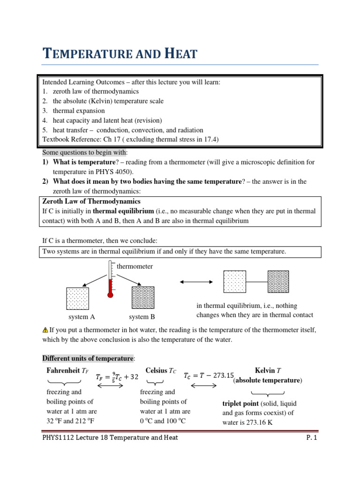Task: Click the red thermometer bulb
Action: coord(110,295)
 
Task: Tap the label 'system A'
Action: coord(82,317)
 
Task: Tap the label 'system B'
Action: coord(142,317)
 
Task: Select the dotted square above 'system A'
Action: coord(78,298)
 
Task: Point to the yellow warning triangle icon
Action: coord(45,330)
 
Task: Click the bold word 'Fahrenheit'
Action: coord(60,371)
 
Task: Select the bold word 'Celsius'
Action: coord(157,371)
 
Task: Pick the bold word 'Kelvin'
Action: coord(265,371)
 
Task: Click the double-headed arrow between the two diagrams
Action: coord(196,281)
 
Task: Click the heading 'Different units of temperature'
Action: coord(88,359)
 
